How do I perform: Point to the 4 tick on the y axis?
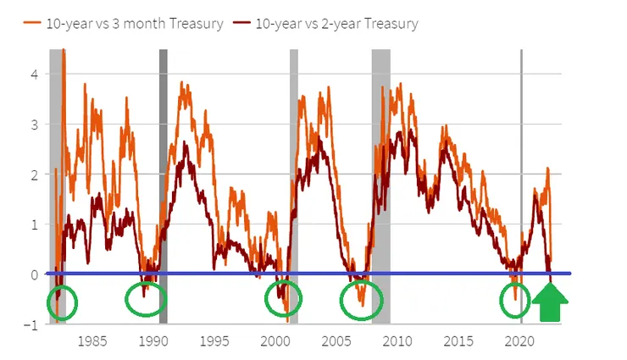click(x=35, y=74)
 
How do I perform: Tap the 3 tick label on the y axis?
click(x=35, y=125)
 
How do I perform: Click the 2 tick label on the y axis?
click(x=35, y=174)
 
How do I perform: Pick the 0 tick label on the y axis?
click(x=35, y=274)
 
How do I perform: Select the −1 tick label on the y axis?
click(x=32, y=325)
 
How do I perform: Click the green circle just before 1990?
click(x=146, y=298)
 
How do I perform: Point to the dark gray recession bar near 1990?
click(x=164, y=169)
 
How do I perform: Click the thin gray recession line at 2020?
click(x=521, y=169)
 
